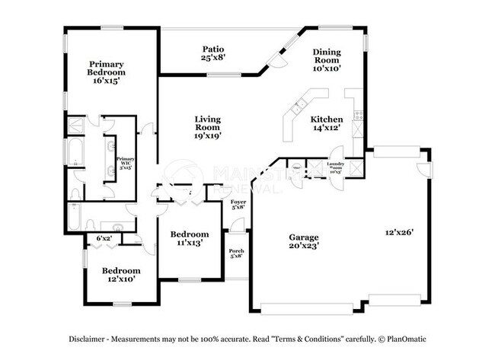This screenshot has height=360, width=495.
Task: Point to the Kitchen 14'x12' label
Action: [326, 123]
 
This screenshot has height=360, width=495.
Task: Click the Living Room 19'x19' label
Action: [206, 126]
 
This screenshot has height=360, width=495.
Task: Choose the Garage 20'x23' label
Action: [303, 241]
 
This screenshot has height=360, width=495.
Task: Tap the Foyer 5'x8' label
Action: [238, 204]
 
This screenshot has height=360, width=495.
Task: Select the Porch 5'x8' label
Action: [237, 253]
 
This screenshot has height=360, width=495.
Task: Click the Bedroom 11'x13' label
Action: [189, 238]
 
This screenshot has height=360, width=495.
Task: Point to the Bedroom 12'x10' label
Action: [121, 275]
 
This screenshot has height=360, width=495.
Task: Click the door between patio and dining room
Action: [281, 59]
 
